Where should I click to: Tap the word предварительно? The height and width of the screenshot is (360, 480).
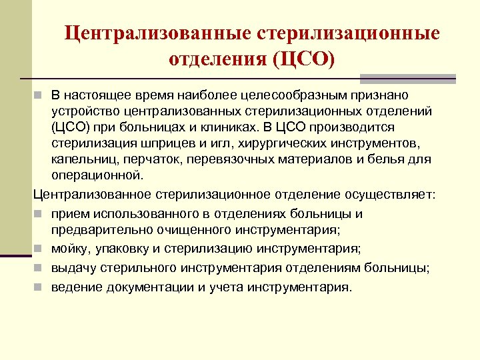(95, 231)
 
